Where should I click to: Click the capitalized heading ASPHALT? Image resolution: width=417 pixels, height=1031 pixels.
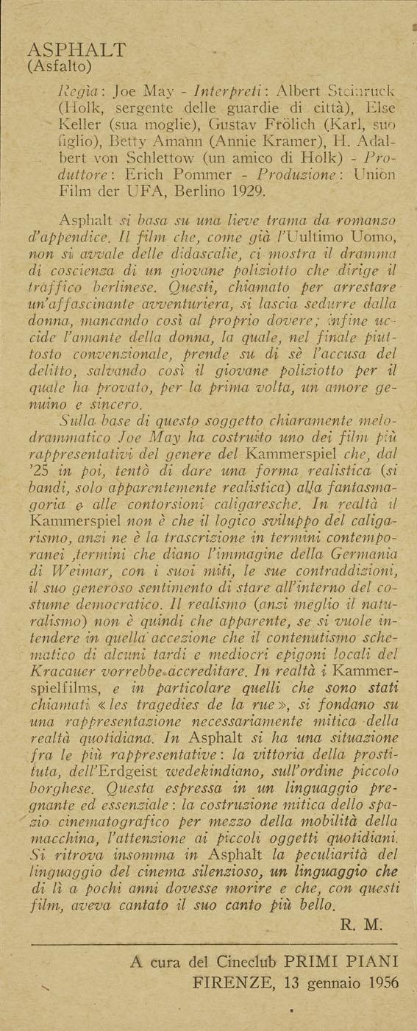(76, 51)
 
